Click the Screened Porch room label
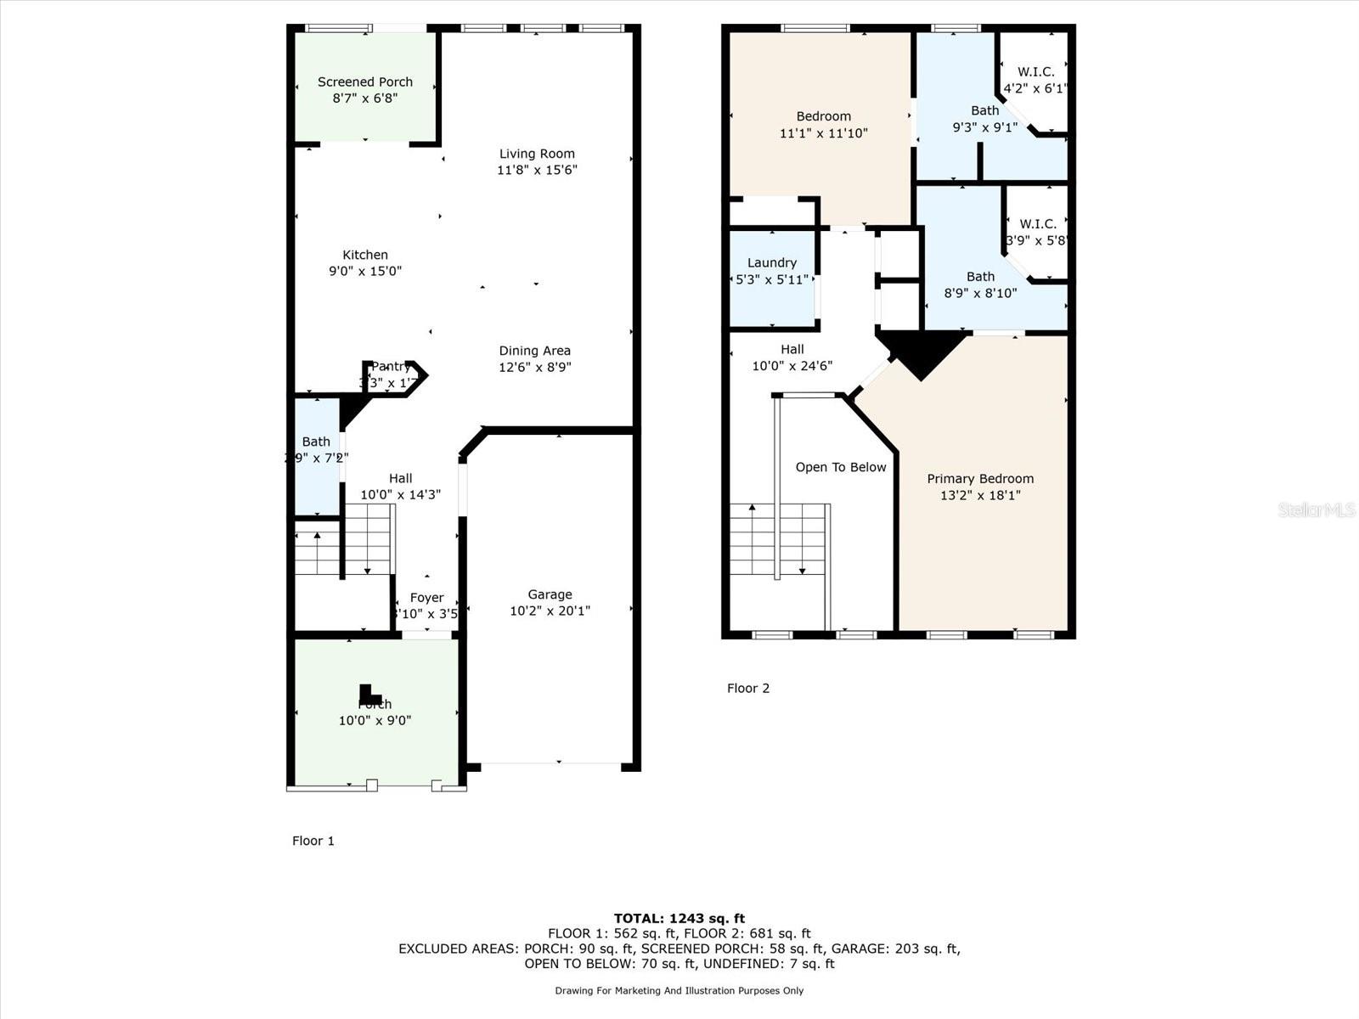pos(365,82)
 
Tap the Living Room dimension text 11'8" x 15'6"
pos(537,170)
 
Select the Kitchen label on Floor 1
pos(365,255)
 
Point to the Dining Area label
pos(534,351)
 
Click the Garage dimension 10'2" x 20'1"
pos(550,611)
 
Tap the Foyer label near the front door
pos(426,598)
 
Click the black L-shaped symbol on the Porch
pos(367,694)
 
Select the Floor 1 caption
pos(313,841)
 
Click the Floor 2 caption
pos(748,688)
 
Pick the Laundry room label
pos(771,263)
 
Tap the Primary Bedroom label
pos(980,479)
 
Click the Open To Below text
pos(840,467)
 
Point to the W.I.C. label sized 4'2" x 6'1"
pos(1035,72)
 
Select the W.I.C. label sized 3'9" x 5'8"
pos(1037,224)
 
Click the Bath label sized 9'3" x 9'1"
pos(984,110)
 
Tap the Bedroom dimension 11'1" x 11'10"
pos(823,133)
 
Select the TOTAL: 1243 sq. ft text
pos(679,918)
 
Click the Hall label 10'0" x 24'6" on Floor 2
pos(792,349)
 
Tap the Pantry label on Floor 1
pos(391,367)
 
